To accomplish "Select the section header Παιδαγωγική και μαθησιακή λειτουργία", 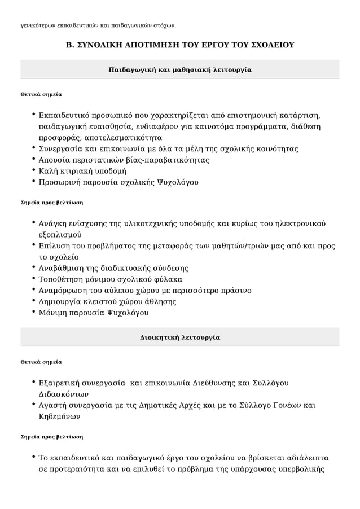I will point(180,69).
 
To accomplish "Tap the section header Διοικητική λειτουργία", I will point(180,337).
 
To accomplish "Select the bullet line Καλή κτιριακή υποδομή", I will point(82,171).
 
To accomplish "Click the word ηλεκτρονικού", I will point(300,223).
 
